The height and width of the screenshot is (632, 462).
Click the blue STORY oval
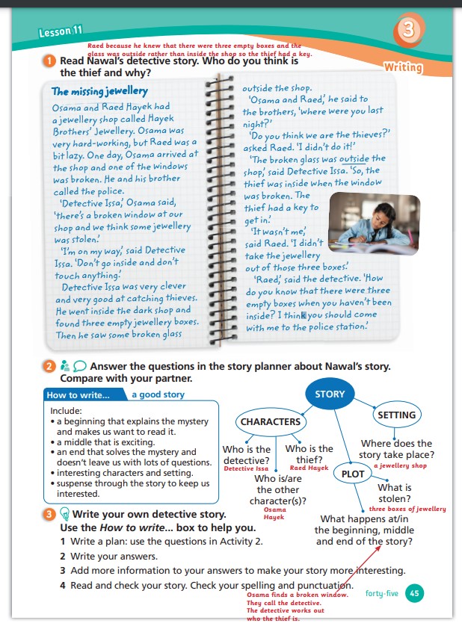(x=330, y=394)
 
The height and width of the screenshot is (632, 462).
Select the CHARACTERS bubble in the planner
(x=271, y=422)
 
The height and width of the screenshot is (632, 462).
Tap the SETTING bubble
(x=396, y=415)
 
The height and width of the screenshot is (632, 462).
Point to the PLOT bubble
(x=353, y=474)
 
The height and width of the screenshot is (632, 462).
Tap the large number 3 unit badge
(x=408, y=31)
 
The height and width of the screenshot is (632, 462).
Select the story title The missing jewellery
(x=99, y=92)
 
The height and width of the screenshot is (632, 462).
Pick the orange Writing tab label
(x=404, y=67)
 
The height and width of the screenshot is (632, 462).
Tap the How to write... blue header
(x=78, y=394)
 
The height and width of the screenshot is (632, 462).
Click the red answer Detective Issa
(x=246, y=468)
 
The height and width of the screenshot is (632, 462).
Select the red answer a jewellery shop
(x=400, y=465)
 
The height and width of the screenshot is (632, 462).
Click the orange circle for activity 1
(x=49, y=61)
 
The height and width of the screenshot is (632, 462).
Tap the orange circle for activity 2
(x=49, y=367)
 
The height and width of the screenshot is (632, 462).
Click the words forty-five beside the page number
(x=382, y=594)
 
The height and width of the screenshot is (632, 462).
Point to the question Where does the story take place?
(x=396, y=449)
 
